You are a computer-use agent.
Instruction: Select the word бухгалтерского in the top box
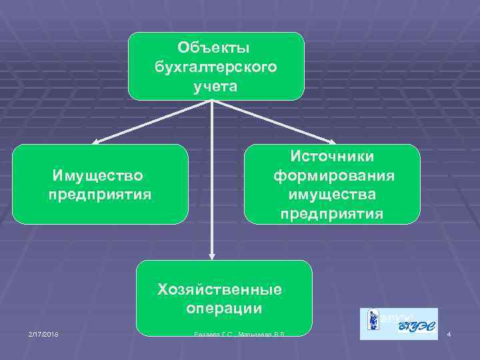pyautogui.click(x=215, y=67)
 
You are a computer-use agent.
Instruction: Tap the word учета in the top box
pyautogui.click(x=215, y=86)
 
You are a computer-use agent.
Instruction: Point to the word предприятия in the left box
pyautogui.click(x=100, y=195)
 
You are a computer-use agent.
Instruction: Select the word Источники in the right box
pyautogui.click(x=331, y=155)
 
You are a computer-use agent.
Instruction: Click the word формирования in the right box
pyautogui.click(x=333, y=175)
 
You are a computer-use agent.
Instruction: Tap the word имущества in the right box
pyautogui.click(x=332, y=195)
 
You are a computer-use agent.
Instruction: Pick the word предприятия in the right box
pyautogui.click(x=332, y=214)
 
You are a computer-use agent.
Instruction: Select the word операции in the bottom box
pyautogui.click(x=224, y=309)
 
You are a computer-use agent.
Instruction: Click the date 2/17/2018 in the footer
pyautogui.click(x=43, y=333)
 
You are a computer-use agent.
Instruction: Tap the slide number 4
pyautogui.click(x=449, y=333)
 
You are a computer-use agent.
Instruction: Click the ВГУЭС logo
pyautogui.click(x=399, y=324)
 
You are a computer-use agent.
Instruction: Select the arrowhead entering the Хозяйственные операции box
pyautogui.click(x=212, y=255)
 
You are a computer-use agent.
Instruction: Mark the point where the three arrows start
pyautogui.click(x=212, y=101)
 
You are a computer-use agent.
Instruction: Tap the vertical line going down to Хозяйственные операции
pyautogui.click(x=212, y=180)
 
